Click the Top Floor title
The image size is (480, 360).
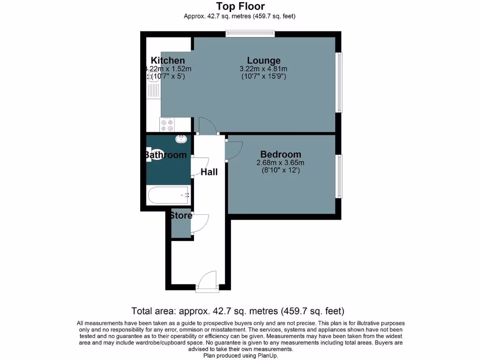(x=240, y=6)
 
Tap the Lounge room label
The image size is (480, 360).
(x=263, y=60)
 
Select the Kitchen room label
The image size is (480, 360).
(x=168, y=60)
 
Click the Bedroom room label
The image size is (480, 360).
(x=280, y=155)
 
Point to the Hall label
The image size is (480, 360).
(x=209, y=172)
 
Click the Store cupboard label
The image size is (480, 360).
(x=181, y=216)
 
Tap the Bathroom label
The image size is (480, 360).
(x=165, y=155)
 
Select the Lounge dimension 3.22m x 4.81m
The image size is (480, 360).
(x=263, y=69)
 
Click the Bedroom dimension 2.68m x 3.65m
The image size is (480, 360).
(x=280, y=163)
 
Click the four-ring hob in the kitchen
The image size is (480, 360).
(x=167, y=124)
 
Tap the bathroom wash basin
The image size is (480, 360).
(x=181, y=139)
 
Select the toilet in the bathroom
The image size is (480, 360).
(x=154, y=155)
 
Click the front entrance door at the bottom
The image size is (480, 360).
(x=207, y=283)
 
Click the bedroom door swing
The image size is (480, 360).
(x=233, y=149)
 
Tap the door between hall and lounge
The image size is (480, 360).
(x=207, y=126)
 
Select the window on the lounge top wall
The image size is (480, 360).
(x=249, y=34)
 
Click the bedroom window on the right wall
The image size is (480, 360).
(x=339, y=176)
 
